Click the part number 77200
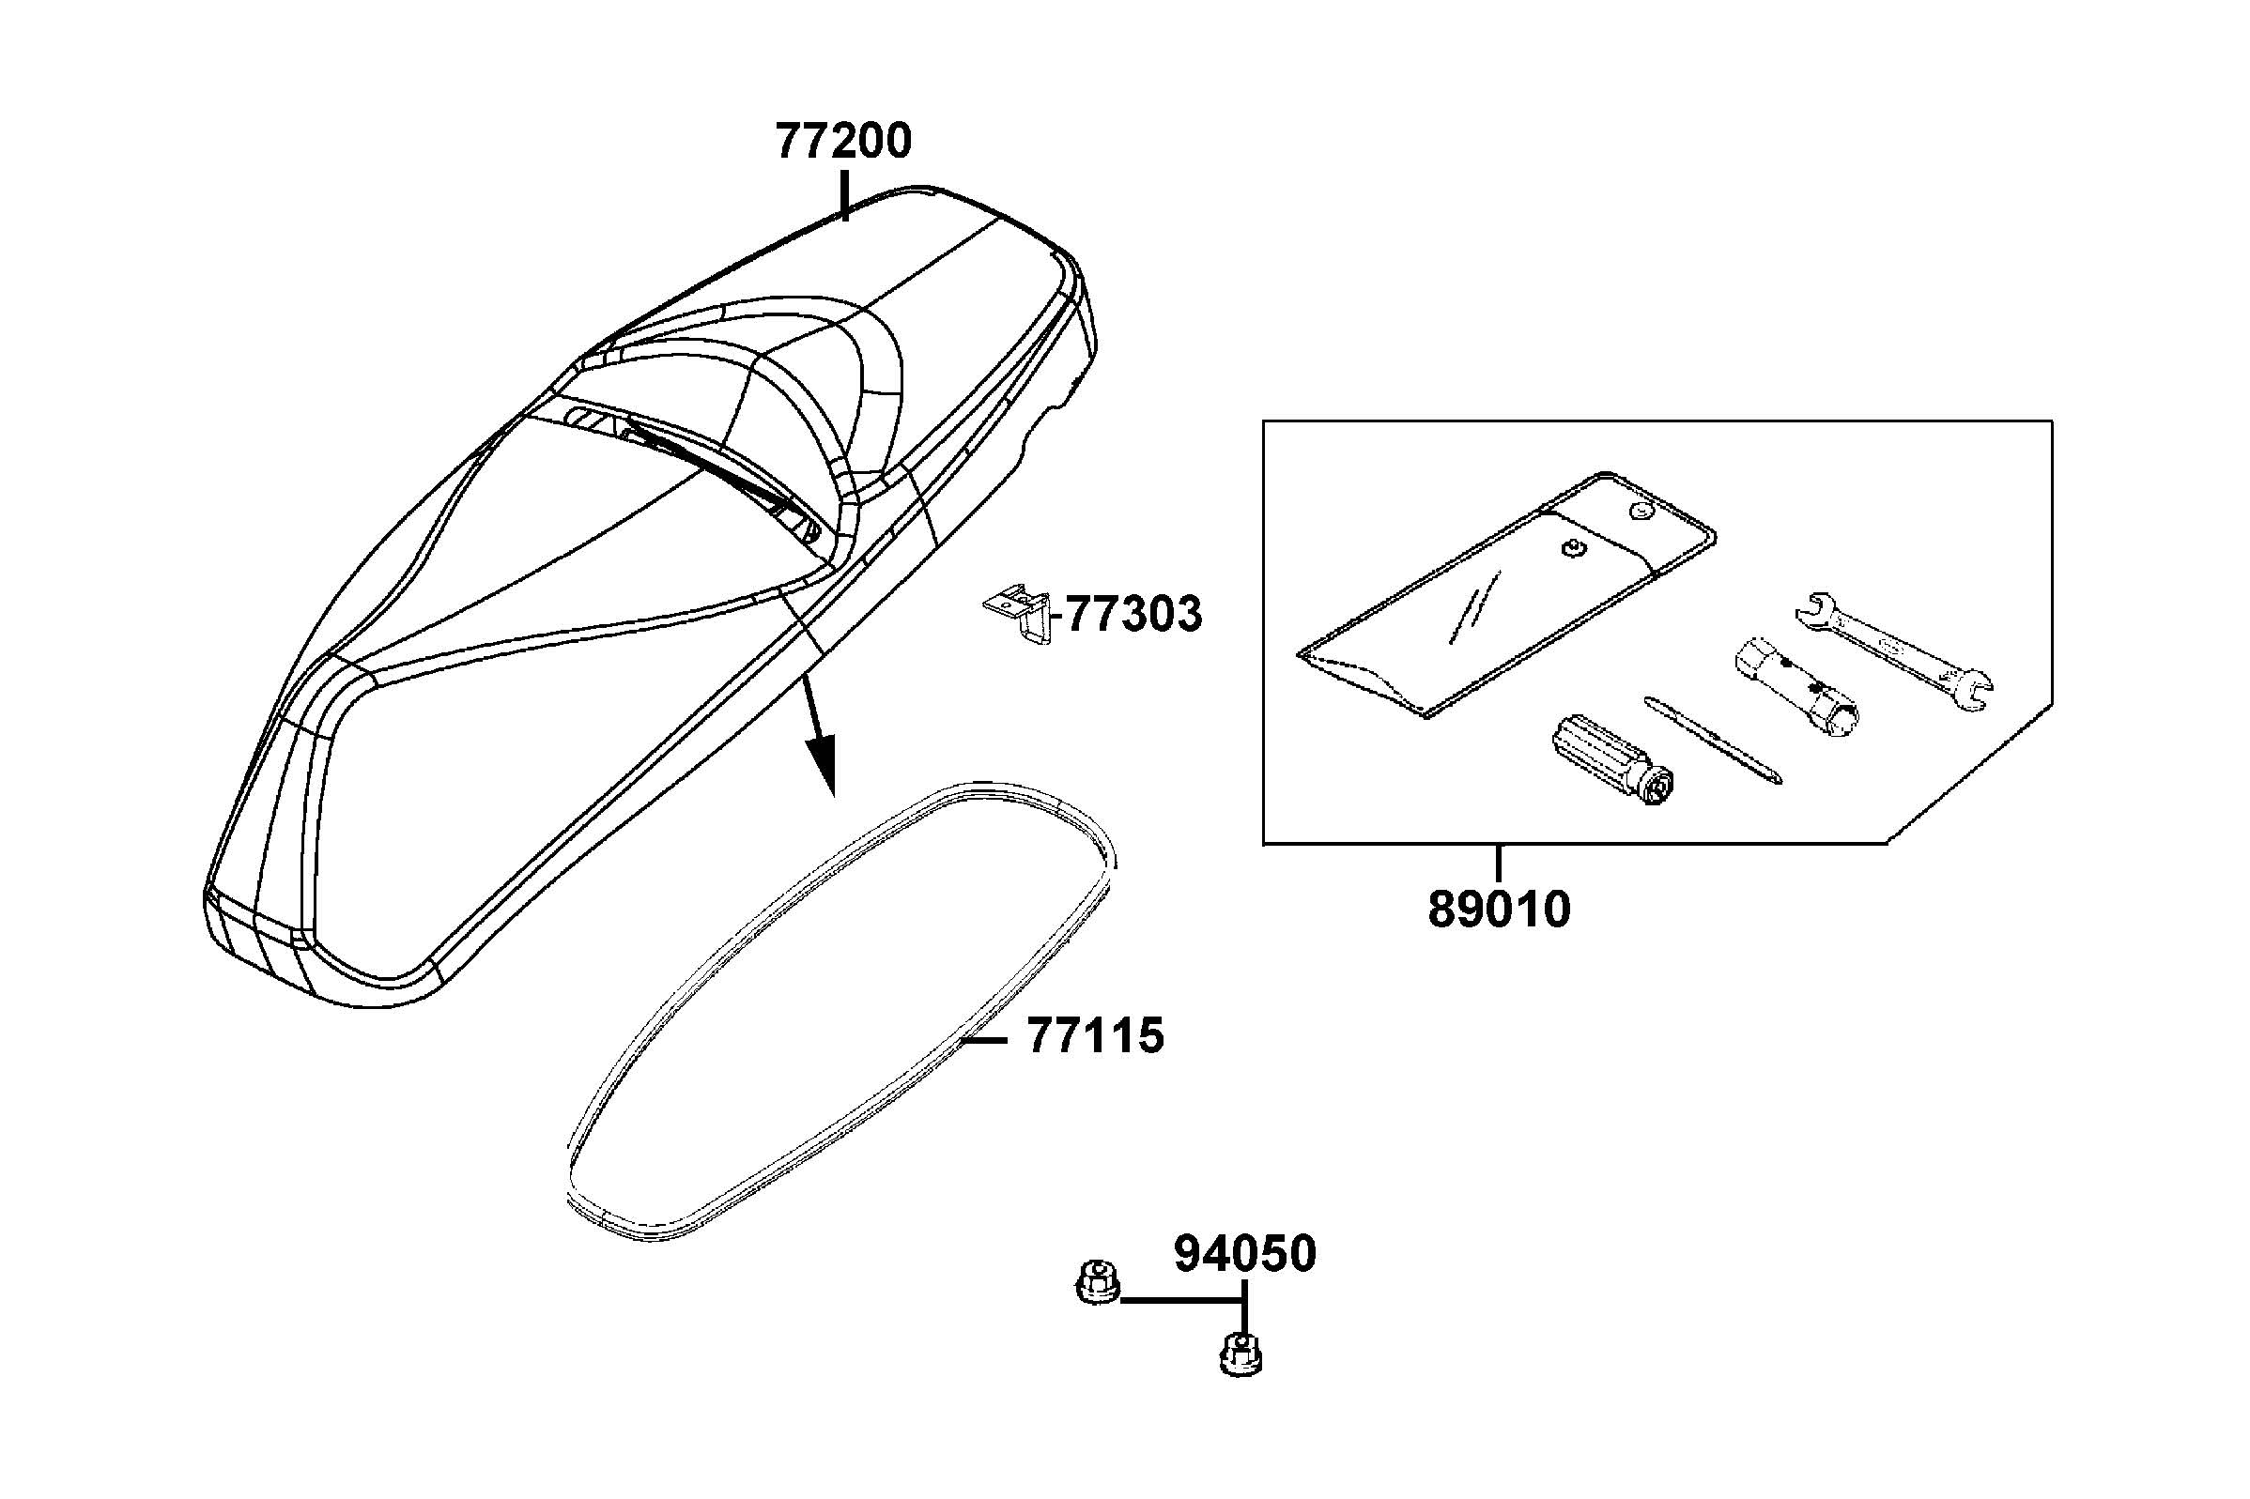tap(843, 142)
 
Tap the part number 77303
tap(1134, 614)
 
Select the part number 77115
tap(1096, 1036)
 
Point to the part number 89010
tap(1500, 910)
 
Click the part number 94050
tap(1245, 1254)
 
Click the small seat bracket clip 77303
tap(1015, 617)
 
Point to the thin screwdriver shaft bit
tap(1713, 740)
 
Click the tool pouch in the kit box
tap(1506, 592)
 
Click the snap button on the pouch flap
tap(1641, 512)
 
